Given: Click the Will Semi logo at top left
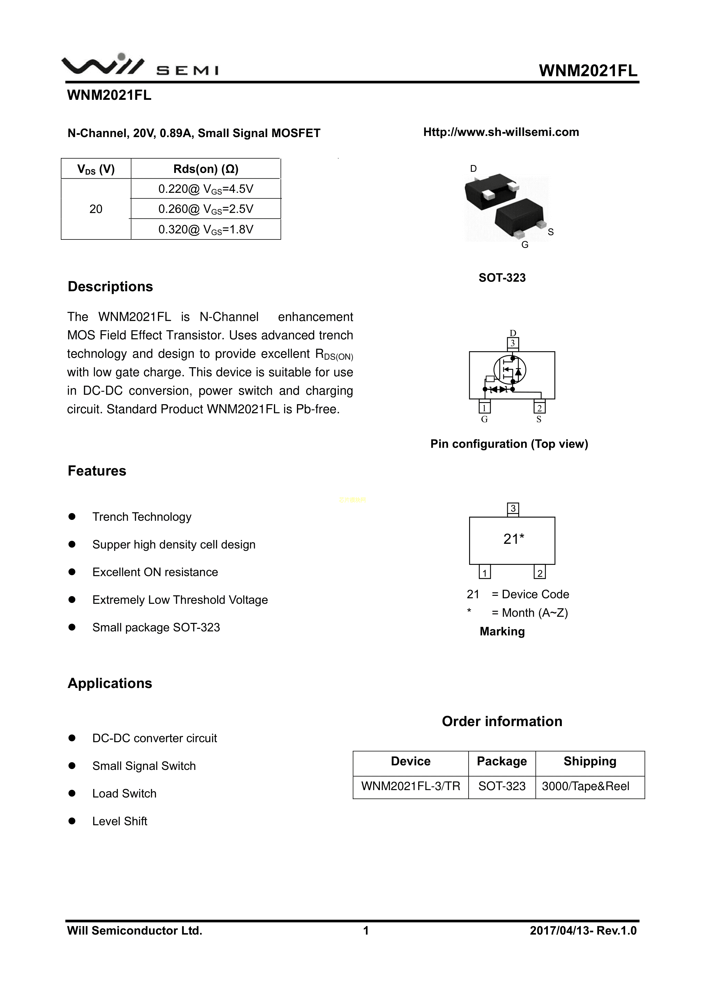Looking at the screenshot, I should (140, 66).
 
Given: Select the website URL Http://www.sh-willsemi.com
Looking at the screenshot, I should (501, 132).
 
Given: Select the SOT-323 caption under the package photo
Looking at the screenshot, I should (502, 278).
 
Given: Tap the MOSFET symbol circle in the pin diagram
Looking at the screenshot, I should (509, 370).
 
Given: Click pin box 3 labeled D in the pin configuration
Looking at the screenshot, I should (513, 343).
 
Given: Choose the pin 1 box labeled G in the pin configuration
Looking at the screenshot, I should (484, 408).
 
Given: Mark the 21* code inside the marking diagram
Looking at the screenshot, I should (513, 539).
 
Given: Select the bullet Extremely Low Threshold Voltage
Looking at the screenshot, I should (180, 600).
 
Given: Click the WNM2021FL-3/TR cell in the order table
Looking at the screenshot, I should (411, 786).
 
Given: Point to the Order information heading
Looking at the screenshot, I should (502, 722).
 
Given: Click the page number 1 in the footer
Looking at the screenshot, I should (366, 931).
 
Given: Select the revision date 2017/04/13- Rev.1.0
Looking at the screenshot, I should (583, 931).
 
